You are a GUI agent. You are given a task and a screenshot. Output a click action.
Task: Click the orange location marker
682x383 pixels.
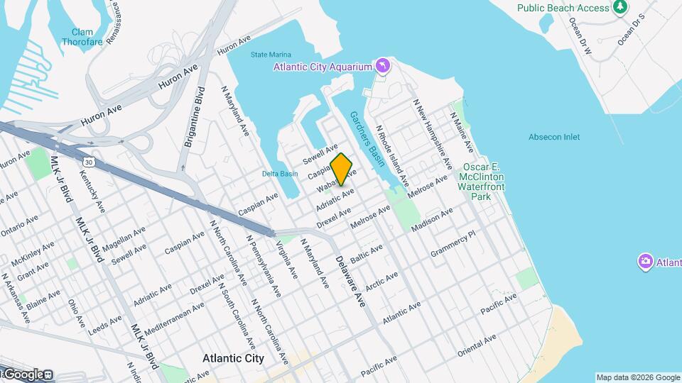[342, 169]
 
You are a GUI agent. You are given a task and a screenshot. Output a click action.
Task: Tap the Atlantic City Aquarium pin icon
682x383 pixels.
[383, 67]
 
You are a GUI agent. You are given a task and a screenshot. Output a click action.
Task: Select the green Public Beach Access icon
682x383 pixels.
[620, 7]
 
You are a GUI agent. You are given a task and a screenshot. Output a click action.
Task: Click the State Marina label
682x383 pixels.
[271, 55]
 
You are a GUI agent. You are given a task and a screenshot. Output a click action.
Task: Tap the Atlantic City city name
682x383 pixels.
[233, 359]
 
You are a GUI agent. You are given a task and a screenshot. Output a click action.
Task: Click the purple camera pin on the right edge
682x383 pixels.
[646, 262]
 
